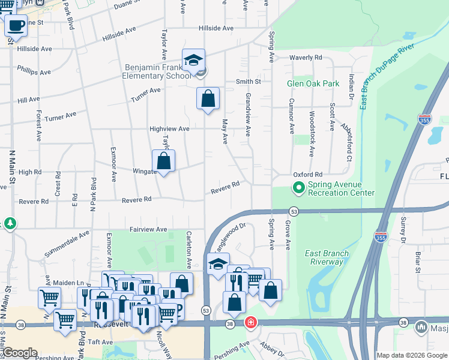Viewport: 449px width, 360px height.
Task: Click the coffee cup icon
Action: [16, 25]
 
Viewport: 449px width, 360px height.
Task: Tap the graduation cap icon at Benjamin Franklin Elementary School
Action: [194, 61]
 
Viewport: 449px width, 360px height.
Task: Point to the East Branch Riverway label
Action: [327, 257]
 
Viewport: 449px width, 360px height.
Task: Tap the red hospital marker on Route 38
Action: [250, 323]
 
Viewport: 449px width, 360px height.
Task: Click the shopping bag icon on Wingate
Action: [163, 161]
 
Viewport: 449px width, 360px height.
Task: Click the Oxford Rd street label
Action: [308, 174]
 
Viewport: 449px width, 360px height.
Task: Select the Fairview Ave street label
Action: [148, 229]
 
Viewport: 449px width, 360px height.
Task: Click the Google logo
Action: [20, 353]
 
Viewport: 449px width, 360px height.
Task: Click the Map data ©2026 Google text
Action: [411, 355]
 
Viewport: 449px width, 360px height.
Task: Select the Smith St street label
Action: [248, 81]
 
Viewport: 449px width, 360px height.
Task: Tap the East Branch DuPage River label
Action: [387, 76]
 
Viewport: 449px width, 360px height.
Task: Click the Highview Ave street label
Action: [169, 129]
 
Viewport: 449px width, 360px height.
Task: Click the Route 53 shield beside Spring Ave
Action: [294, 211]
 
